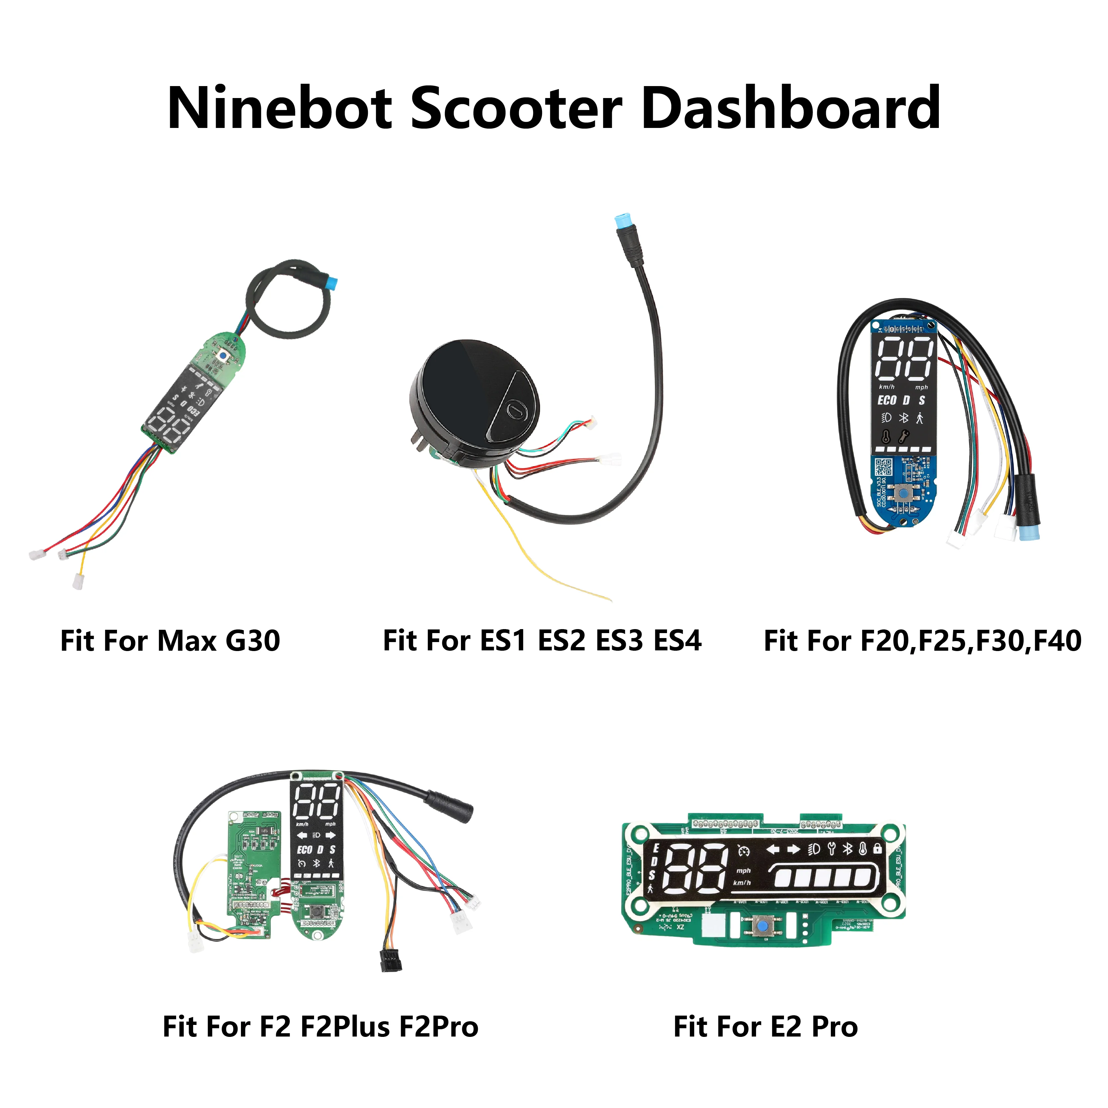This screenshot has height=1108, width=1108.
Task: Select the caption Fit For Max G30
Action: point(170,641)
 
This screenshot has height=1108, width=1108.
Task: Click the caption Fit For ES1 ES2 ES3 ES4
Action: point(542,641)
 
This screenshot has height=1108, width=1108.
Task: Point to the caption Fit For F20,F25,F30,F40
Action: point(922,641)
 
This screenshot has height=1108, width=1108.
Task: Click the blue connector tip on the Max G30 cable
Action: point(331,283)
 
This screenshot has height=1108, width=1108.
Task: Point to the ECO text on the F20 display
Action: point(887,400)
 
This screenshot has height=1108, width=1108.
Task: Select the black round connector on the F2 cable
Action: point(451,805)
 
